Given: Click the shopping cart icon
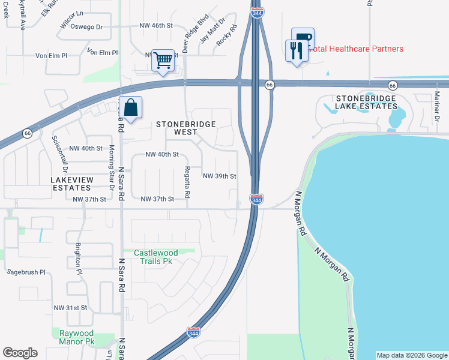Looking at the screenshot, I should point(163,60).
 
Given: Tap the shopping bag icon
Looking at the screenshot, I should point(131,107).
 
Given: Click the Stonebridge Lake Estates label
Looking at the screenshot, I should point(366,102).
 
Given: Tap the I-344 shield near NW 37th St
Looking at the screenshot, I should point(256,199).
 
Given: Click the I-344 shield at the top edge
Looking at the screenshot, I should point(256,12).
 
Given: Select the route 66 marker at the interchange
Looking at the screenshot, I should point(270,85).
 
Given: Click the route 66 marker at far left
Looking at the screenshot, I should point(28,133).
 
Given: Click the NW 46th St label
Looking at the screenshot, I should point(155,26).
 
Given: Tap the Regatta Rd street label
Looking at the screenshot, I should point(187,182).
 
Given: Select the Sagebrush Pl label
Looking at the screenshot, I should point(26,272).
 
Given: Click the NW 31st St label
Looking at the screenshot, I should point(71,307).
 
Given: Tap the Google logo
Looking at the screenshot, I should point(20,353).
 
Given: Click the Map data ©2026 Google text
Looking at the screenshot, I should point(411,355).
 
